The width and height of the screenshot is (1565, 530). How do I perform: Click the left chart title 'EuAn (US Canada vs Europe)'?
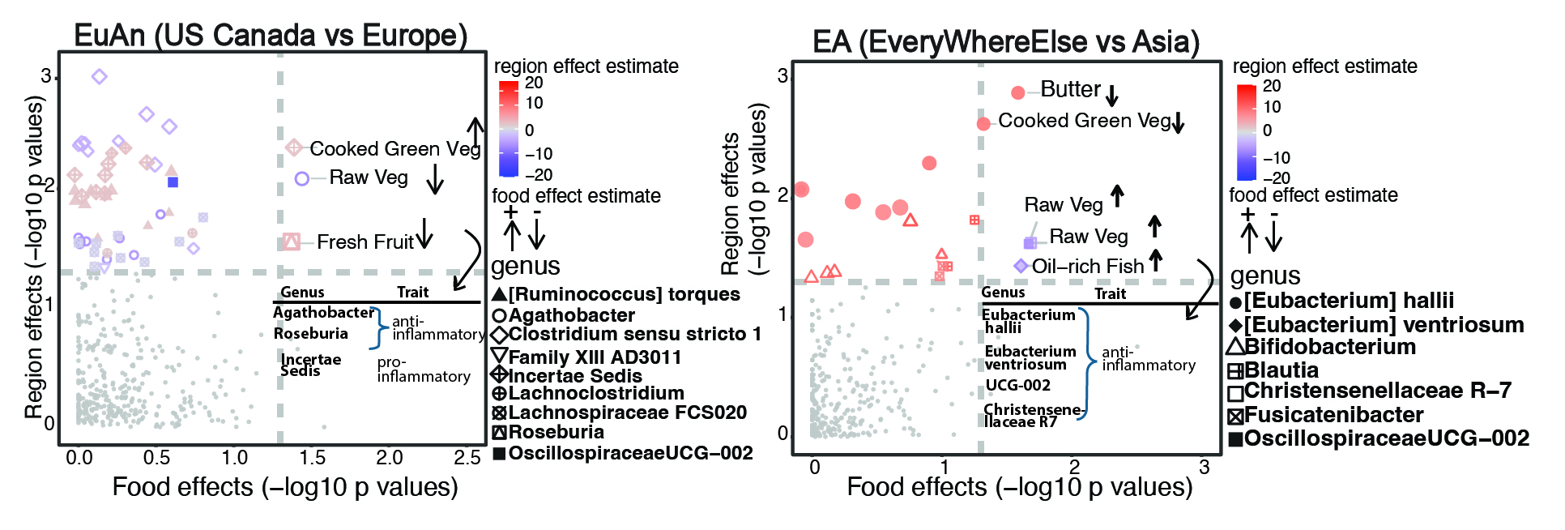tap(271, 35)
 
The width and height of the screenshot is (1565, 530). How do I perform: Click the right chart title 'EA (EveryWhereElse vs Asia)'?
tap(1005, 41)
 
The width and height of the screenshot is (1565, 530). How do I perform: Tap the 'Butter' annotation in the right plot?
tap(1070, 89)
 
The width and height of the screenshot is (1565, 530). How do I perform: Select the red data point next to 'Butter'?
tap(1018, 93)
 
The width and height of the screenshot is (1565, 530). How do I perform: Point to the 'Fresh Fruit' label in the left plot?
tap(365, 241)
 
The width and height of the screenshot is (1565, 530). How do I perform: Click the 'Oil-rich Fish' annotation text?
tap(1087, 267)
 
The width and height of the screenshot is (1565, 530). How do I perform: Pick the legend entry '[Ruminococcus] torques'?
tap(624, 294)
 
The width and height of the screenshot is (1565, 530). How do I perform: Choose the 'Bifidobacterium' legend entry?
tap(1329, 347)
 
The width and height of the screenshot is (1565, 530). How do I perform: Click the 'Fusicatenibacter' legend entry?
tap(1333, 415)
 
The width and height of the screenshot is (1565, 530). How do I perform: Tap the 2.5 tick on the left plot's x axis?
tap(467, 458)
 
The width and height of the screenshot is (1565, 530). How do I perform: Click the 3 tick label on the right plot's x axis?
tap(1204, 468)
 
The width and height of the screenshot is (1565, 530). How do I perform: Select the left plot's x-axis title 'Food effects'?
tap(285, 487)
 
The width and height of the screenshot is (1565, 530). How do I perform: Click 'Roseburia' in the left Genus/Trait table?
tap(311, 334)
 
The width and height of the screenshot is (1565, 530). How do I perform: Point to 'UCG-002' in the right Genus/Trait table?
tap(1017, 386)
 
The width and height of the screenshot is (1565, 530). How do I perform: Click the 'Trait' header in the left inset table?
tap(412, 292)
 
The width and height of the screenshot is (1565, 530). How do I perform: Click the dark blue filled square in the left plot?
tap(173, 182)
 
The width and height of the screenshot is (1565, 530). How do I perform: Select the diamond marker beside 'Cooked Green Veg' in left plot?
tap(294, 147)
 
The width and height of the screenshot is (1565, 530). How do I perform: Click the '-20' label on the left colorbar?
tap(539, 174)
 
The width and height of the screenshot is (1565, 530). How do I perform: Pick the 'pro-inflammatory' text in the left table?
tap(423, 370)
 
